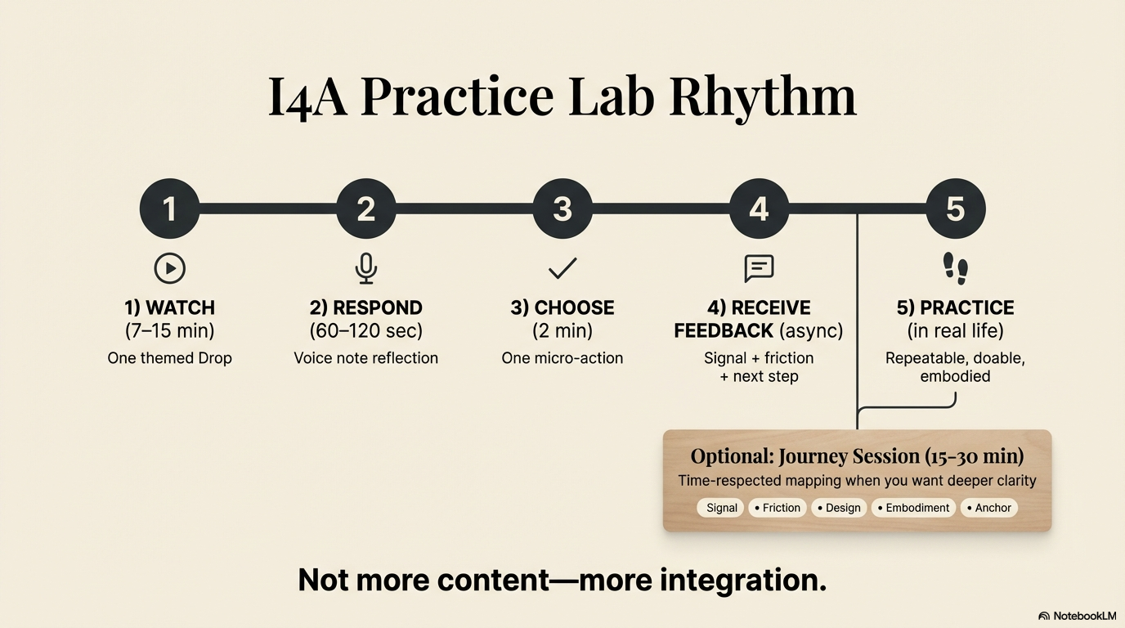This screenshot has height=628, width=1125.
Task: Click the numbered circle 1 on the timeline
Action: coord(170,209)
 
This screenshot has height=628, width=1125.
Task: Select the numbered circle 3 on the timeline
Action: coord(562,209)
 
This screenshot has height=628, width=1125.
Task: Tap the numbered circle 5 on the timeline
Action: coord(955,209)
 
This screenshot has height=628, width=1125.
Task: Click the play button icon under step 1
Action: coord(170,268)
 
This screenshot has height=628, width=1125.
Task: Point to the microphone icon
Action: coord(365,268)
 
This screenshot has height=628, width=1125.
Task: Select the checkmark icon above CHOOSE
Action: coord(562,267)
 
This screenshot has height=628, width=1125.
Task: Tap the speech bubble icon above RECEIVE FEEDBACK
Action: coord(759,267)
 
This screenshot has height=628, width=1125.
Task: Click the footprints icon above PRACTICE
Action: coord(955,267)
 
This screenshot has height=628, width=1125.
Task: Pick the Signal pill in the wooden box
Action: coord(721,508)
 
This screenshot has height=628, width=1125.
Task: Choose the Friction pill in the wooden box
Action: coord(778,508)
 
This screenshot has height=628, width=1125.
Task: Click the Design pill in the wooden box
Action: coord(839,508)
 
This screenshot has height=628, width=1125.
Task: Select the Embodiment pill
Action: coord(913,508)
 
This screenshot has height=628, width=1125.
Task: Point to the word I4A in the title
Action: coord(308,96)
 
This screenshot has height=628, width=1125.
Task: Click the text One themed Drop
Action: coord(170,358)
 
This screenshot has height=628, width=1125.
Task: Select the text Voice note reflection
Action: coord(365,358)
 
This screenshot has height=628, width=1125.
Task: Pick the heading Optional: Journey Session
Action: coord(857,456)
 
